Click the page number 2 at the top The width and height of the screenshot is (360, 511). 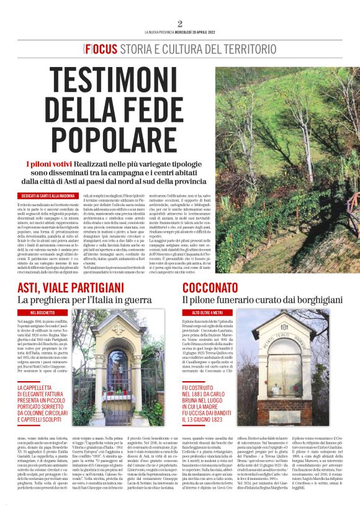[x=180, y=24]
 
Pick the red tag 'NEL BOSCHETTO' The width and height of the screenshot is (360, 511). [x=41, y=312]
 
